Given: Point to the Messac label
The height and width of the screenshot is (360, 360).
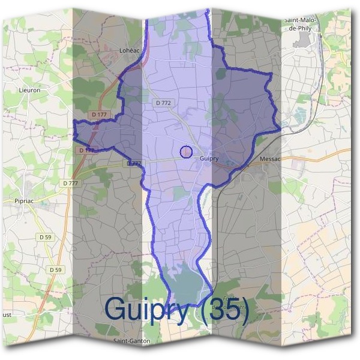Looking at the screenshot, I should click(273, 159).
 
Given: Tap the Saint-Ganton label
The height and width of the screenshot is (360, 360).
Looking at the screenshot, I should click(131, 340).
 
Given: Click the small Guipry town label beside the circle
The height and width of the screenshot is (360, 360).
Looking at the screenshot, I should click(209, 159).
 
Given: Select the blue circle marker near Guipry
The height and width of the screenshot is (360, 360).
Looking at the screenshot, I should click(186, 152).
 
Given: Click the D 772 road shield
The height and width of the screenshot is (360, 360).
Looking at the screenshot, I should click(163, 103).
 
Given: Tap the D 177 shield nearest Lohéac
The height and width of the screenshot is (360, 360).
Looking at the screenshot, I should click(100, 114).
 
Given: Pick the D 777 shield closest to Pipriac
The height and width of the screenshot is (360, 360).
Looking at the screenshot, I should click(70, 183).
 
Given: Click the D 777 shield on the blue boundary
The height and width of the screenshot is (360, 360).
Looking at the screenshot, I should click(134, 163).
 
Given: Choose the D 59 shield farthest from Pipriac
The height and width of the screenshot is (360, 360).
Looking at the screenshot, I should click(55, 270).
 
